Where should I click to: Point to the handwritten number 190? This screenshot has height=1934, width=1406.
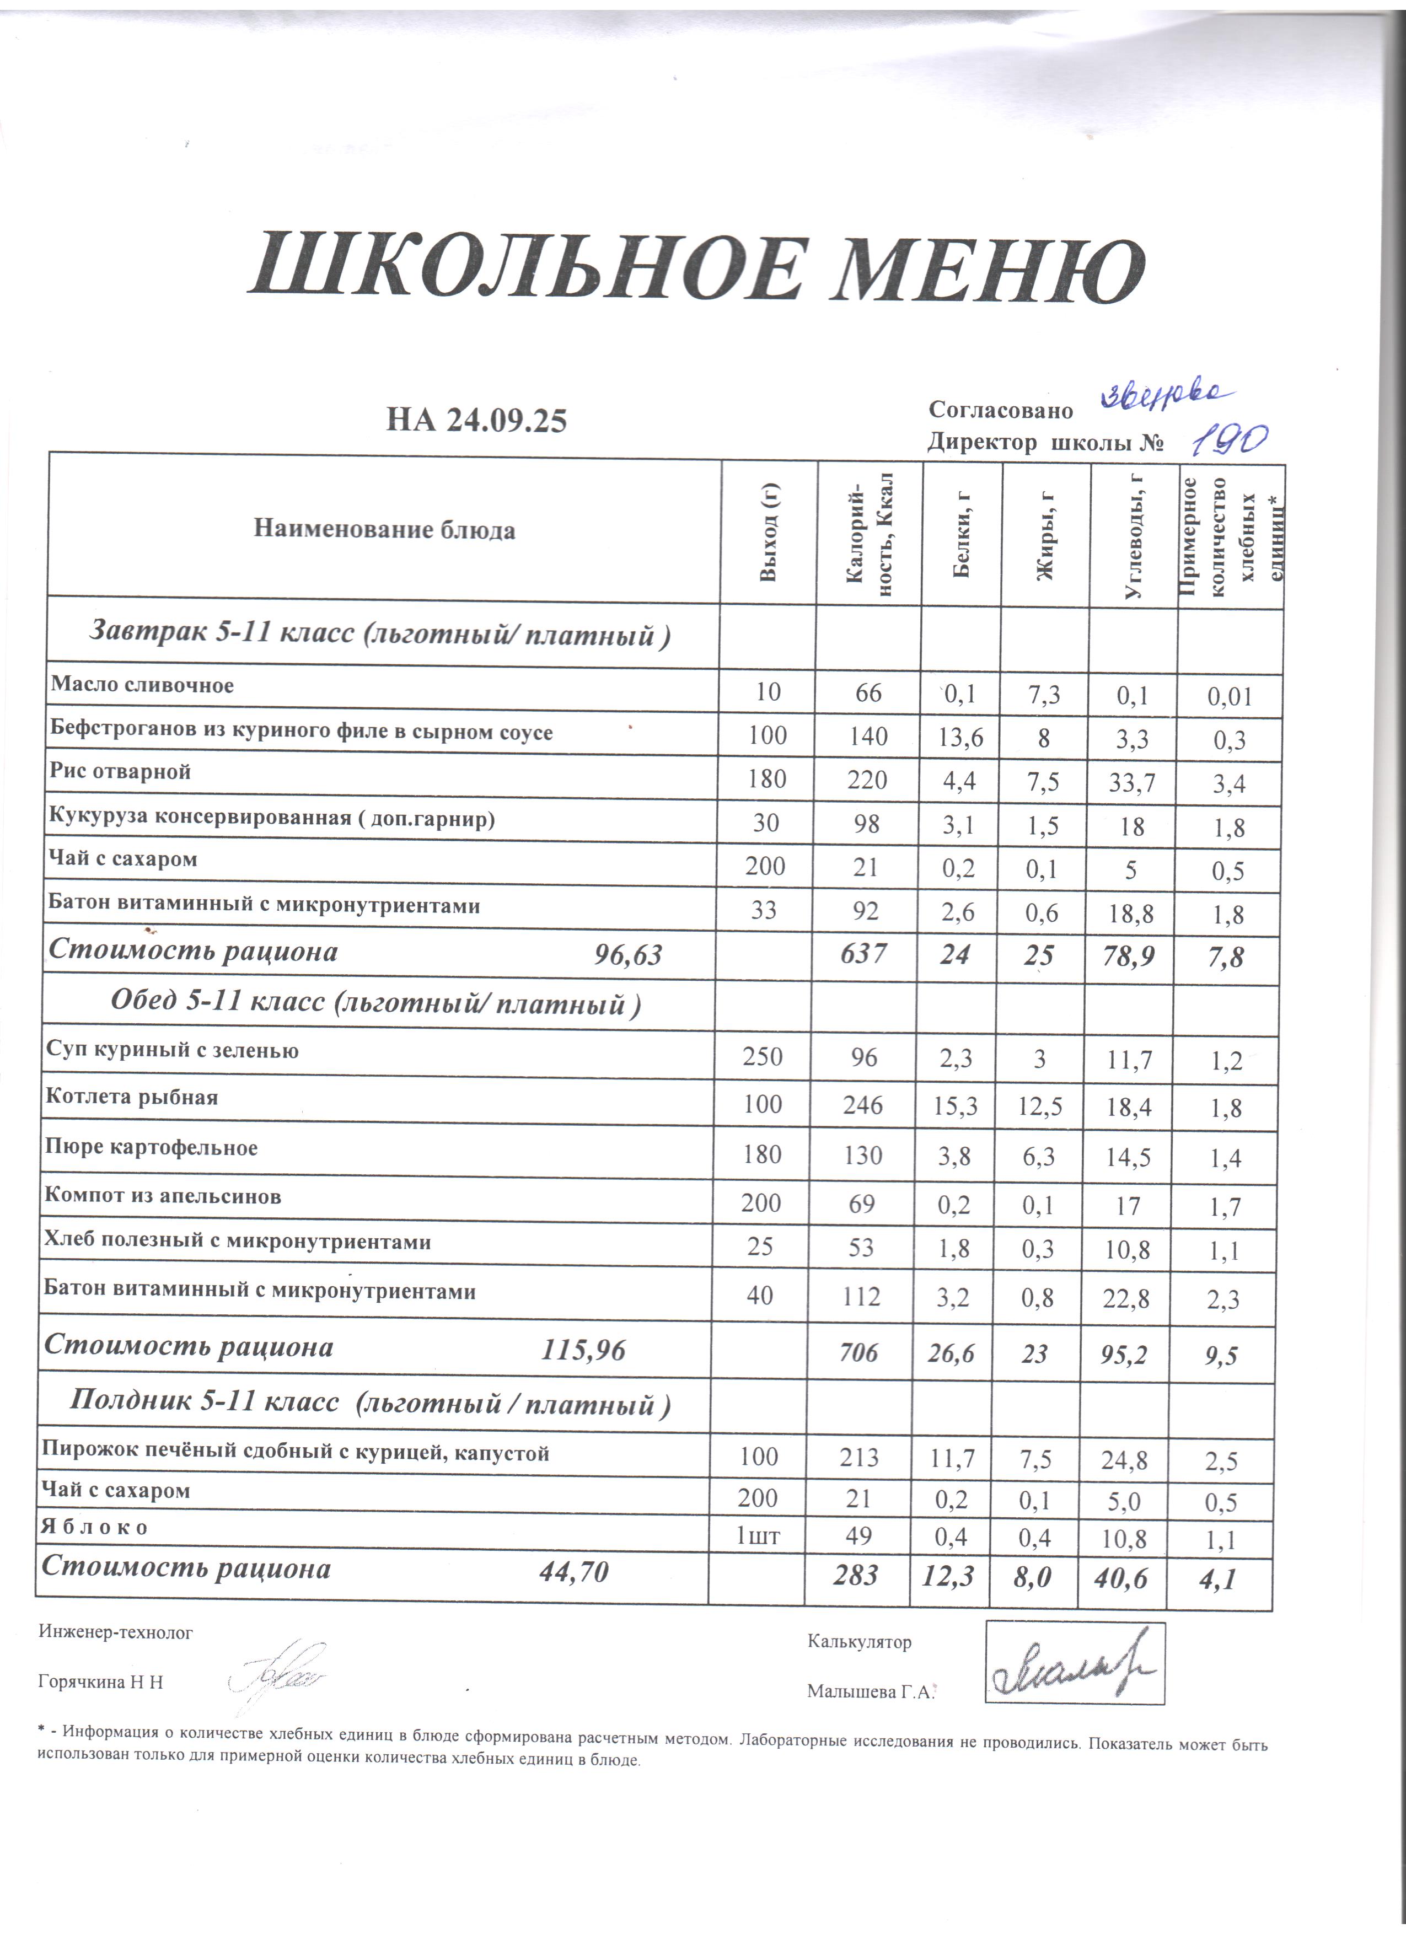(1228, 439)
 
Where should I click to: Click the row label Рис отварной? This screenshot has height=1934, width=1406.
(119, 772)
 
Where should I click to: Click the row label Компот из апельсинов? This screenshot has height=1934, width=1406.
(162, 1196)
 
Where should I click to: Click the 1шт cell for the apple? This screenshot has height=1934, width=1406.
(757, 1536)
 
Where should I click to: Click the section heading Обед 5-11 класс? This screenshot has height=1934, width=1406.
(375, 1003)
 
